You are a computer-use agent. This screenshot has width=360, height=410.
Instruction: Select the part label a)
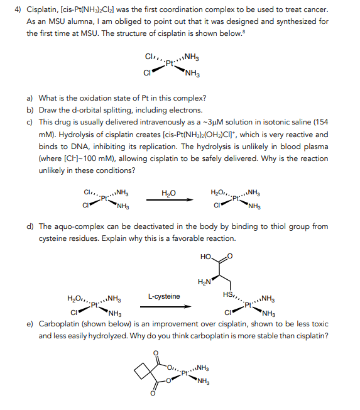(30, 98)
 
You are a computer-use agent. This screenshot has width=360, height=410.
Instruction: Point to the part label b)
(30, 109)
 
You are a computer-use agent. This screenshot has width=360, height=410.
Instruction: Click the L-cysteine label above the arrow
(164, 296)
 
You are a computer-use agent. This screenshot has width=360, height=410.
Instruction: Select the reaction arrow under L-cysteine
(168, 307)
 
